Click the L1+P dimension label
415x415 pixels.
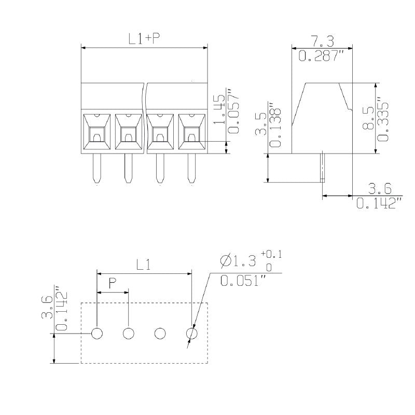click(144, 39)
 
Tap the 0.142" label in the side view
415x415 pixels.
click(379, 203)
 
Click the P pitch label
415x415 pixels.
click(113, 284)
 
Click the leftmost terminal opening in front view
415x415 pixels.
click(97, 131)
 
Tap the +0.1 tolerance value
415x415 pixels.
click(271, 254)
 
